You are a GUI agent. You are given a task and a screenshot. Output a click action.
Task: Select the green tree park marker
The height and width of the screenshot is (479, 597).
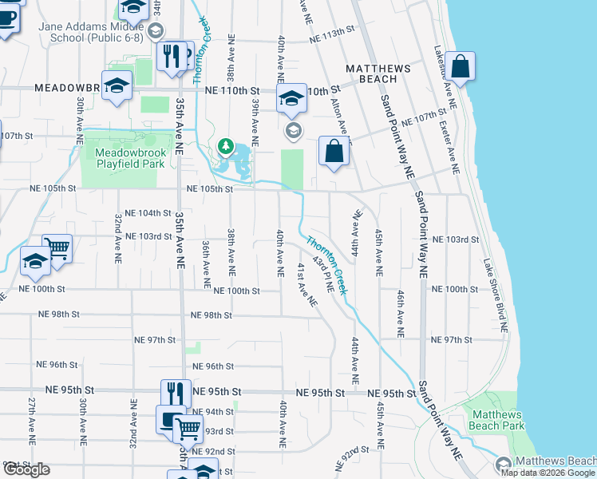226,146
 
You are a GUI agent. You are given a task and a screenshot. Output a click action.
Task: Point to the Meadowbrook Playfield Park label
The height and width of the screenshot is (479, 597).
129,158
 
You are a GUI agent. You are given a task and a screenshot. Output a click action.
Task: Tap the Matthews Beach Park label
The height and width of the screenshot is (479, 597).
498,420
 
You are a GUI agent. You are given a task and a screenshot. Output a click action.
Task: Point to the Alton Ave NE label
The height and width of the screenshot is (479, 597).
340,113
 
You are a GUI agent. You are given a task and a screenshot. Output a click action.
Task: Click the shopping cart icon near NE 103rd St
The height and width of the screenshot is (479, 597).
57,249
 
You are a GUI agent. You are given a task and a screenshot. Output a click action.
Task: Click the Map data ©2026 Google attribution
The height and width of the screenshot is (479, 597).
548,473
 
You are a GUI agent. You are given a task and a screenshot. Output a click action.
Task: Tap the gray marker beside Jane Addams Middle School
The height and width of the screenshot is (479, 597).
155,30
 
